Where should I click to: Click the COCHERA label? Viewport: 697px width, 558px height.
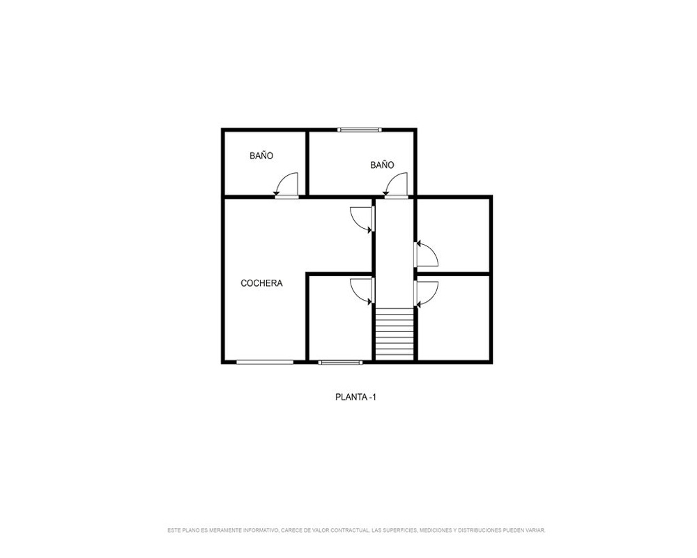[x=261, y=283]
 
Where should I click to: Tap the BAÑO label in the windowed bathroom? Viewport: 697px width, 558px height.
[x=382, y=165]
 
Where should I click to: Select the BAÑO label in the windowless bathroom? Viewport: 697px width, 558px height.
[x=261, y=156]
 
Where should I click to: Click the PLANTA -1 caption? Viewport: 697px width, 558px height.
[x=355, y=397]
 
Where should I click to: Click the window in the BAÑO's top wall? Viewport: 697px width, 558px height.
[x=359, y=130]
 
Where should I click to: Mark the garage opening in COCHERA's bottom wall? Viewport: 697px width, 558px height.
[x=264, y=362]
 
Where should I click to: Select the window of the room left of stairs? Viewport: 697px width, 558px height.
[x=340, y=362]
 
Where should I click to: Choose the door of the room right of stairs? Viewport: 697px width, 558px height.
[x=427, y=294]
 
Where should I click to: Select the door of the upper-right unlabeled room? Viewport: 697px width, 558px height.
[x=427, y=254]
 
